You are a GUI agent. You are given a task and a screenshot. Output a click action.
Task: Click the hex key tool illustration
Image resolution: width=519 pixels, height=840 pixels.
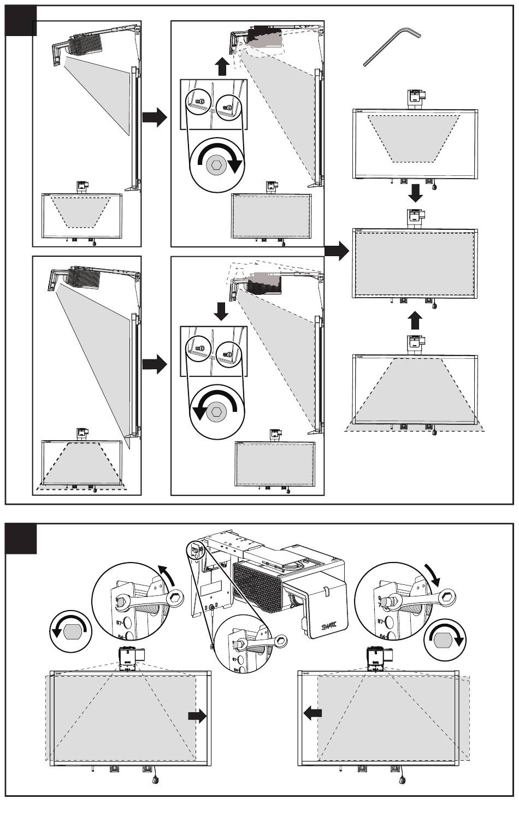click(x=390, y=48)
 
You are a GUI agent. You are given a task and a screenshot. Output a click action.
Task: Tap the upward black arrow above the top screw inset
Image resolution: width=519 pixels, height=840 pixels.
click(x=221, y=68)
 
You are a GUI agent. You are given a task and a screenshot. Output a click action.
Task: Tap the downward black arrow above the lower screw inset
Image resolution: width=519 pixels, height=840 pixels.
click(x=221, y=311)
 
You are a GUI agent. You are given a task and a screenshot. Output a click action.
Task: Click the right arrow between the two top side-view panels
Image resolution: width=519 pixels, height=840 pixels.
click(x=155, y=117)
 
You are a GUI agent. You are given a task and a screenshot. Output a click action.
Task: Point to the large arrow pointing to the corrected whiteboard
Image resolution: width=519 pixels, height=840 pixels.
click(x=337, y=252)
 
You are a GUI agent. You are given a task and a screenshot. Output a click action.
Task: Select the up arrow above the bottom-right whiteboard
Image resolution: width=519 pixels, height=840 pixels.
click(x=415, y=321)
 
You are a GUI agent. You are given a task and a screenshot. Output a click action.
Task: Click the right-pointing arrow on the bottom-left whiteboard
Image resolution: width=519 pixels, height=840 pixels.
click(x=197, y=716)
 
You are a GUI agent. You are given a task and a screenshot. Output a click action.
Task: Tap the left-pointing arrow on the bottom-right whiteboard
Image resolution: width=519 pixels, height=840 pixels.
click(x=312, y=712)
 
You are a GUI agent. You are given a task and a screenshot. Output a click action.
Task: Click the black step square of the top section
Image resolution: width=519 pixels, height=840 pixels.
click(x=21, y=21)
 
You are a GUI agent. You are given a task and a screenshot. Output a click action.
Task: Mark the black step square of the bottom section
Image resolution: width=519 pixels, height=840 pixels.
click(x=21, y=539)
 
